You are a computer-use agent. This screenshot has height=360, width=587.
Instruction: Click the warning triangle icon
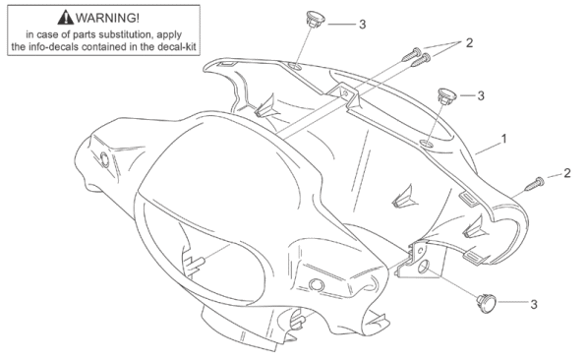click(66, 18)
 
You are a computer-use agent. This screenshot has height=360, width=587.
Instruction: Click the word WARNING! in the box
click(107, 18)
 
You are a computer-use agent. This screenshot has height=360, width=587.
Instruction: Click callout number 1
click(503, 139)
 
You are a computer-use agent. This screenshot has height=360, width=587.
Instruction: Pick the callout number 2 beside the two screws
click(469, 42)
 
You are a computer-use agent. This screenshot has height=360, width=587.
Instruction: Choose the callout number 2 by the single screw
click(567, 173)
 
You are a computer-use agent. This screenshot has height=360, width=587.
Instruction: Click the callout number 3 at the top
click(363, 25)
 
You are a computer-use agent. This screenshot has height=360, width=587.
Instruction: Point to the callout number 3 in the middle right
click(481, 95)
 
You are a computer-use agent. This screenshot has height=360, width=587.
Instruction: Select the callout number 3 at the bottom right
click(534, 305)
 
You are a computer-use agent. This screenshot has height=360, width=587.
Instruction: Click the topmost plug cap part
click(315, 18)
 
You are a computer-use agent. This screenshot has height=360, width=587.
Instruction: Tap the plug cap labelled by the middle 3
click(446, 95)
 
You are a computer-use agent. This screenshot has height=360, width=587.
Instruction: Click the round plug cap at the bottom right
click(487, 303)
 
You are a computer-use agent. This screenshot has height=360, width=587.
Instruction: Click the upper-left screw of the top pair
click(411, 54)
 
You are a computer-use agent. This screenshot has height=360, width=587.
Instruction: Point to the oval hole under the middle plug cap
click(426, 144)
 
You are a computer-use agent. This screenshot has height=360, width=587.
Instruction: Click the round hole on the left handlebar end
click(104, 159)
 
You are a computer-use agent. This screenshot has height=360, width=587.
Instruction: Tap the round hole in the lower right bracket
click(423, 267)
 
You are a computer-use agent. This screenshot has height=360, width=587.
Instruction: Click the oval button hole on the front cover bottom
click(317, 285)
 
